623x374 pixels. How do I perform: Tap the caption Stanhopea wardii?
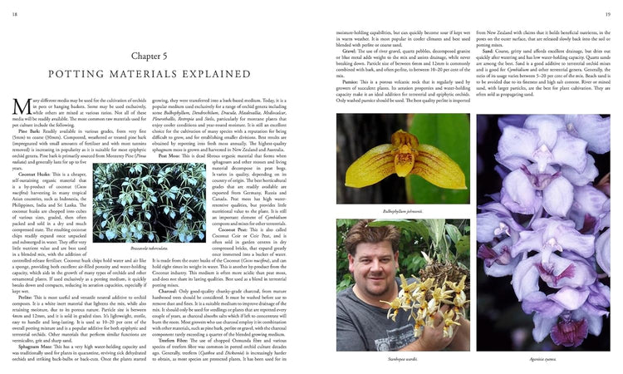[400, 360]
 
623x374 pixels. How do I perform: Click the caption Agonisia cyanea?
[546, 360]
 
